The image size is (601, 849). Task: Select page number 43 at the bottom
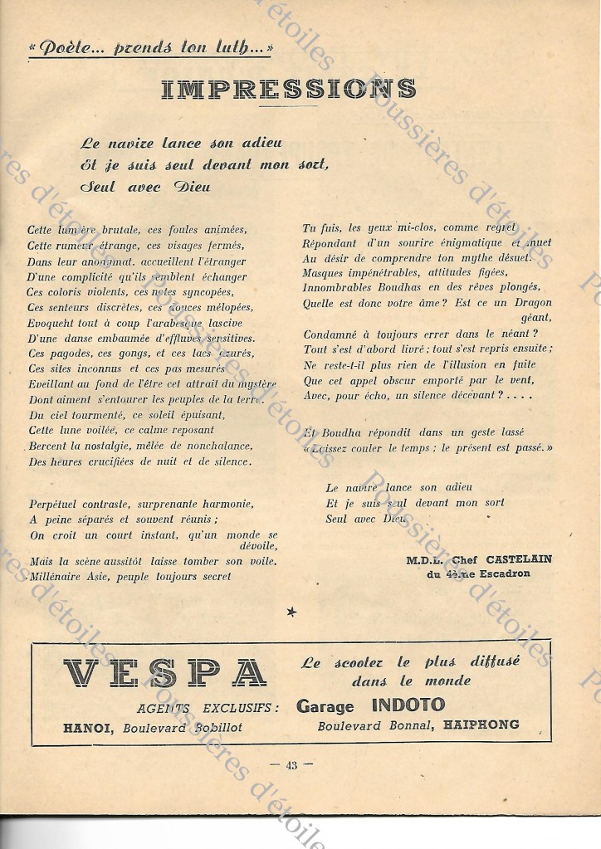click(x=291, y=765)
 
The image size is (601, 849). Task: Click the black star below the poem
click(x=291, y=612)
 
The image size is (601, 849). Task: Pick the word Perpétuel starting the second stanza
click(x=56, y=504)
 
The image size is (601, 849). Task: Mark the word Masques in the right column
click(x=325, y=272)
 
